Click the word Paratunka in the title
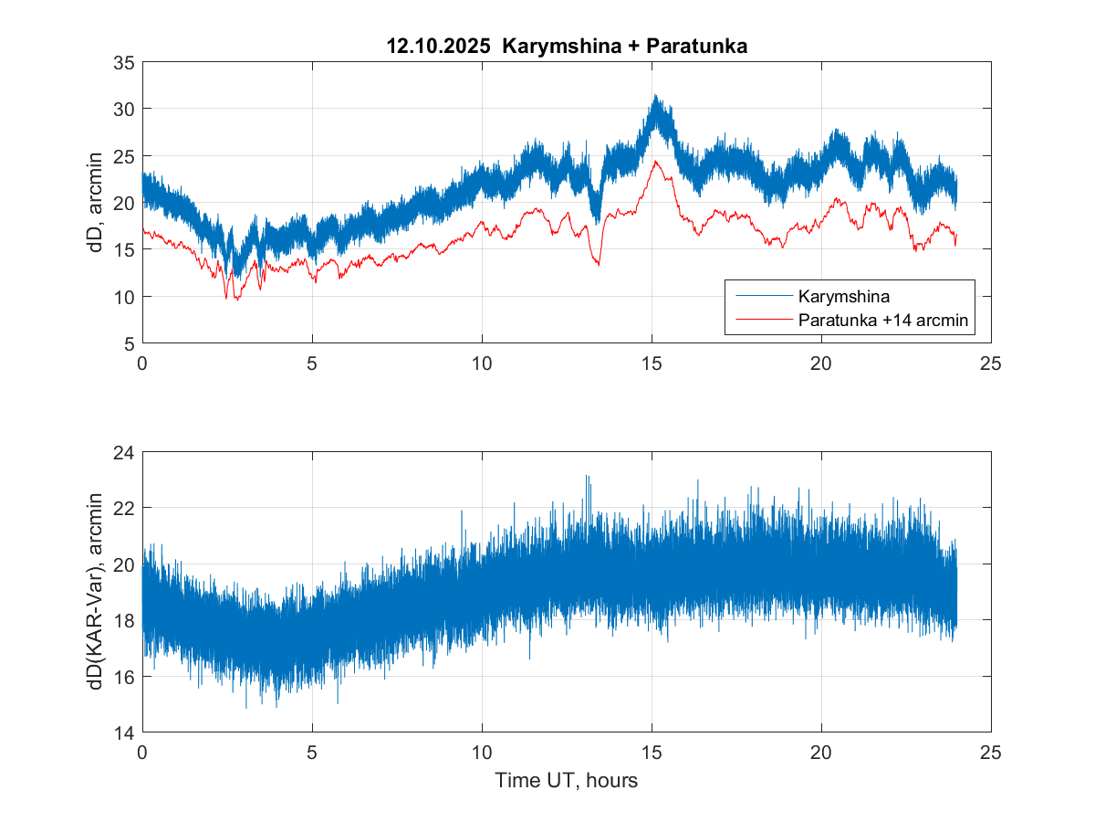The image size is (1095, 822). pos(696,47)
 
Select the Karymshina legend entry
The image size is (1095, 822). pos(842,296)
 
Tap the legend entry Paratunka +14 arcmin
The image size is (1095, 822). pos(881,321)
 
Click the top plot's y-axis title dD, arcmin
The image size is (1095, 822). pos(97,203)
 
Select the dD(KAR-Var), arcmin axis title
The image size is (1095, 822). pos(97,593)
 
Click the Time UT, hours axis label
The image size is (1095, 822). pos(566,781)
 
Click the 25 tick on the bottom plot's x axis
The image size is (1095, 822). pos(991,752)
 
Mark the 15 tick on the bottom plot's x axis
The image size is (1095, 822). pos(652,752)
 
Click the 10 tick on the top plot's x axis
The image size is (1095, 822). pos(482,362)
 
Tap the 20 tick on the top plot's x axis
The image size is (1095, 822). pos(821,362)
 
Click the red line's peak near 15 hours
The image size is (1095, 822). pos(654,162)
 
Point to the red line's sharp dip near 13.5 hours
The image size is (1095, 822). pos(599,265)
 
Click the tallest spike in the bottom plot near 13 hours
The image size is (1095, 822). pos(587,476)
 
